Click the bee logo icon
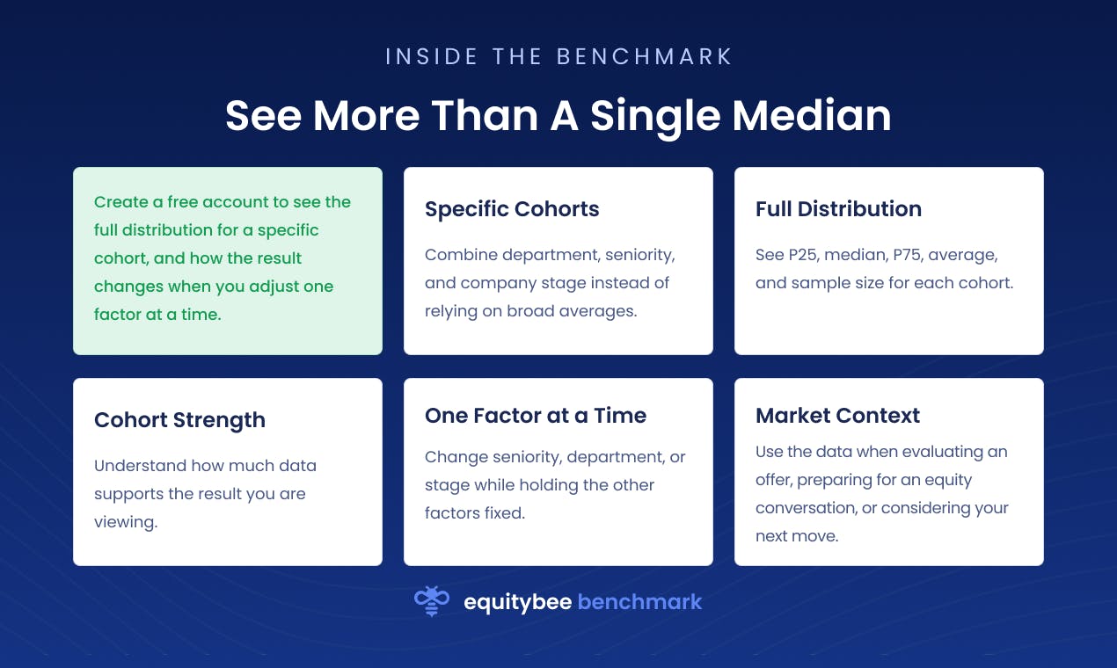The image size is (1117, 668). [x=432, y=600]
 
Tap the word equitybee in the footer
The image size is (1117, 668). [x=518, y=602]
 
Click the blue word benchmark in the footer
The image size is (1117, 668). [x=639, y=601]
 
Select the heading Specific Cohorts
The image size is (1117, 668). [x=512, y=209]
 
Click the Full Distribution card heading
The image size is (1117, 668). [x=838, y=209]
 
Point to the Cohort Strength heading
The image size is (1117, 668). [x=179, y=420]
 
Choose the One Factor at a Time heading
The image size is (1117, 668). [x=535, y=415]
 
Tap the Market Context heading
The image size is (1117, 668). [x=837, y=415]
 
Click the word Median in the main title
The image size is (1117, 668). [x=812, y=115]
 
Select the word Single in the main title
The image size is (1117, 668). [x=656, y=118]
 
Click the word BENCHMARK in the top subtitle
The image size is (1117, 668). [x=644, y=56]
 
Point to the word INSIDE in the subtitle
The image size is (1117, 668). [x=431, y=56]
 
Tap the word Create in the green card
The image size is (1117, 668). [x=121, y=202]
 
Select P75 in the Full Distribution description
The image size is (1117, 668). [x=908, y=255]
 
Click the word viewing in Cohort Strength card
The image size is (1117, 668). [x=126, y=522]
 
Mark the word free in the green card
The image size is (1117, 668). [x=182, y=202]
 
